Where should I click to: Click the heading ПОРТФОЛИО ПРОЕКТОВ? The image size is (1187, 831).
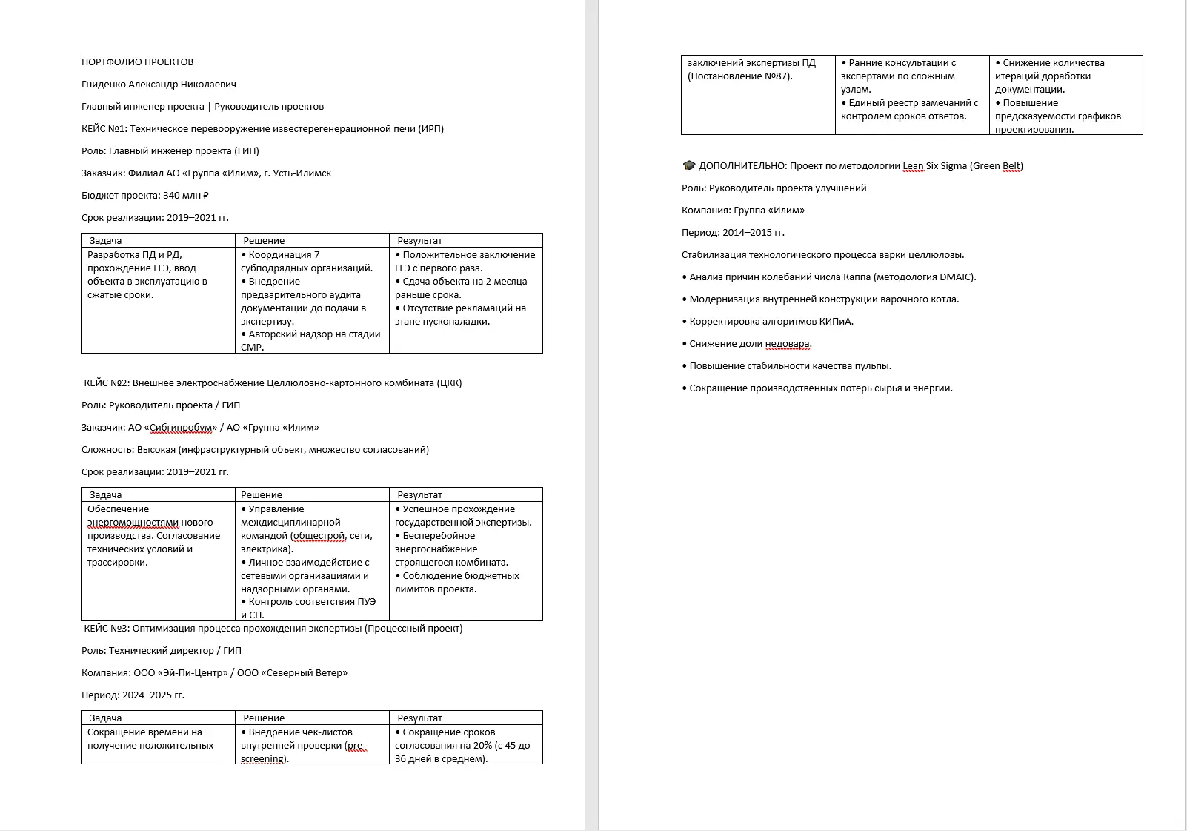(138, 62)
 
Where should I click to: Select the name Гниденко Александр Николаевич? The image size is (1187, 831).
(159, 85)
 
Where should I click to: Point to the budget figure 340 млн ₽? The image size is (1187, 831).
(186, 196)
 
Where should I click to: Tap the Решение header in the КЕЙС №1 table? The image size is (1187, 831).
(264, 241)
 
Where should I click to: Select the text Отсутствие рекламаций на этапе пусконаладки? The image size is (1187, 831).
(463, 315)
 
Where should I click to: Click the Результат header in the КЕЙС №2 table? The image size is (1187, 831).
(419, 495)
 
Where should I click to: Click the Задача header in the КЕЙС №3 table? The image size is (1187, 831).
(105, 718)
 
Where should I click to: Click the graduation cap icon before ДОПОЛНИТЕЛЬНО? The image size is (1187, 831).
(688, 165)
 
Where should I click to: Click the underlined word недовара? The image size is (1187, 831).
(788, 344)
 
